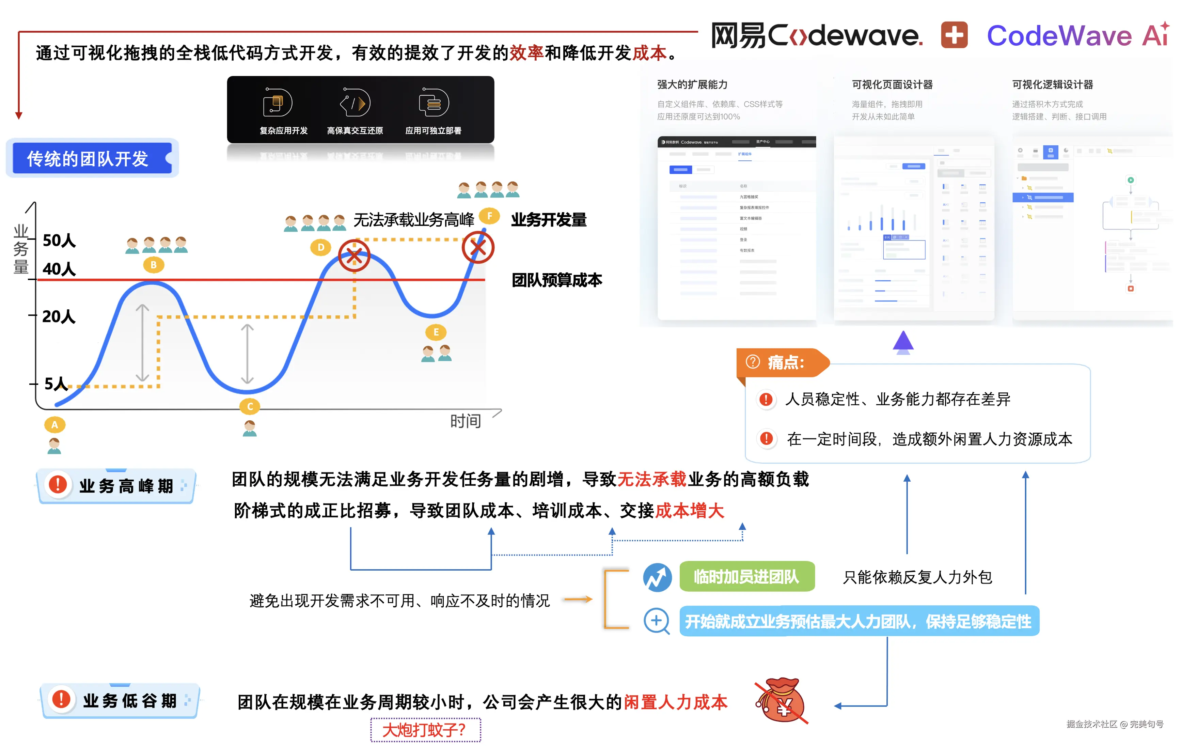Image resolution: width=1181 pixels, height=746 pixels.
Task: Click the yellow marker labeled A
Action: coord(54,425)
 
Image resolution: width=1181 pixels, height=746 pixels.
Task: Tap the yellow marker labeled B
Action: coord(154,265)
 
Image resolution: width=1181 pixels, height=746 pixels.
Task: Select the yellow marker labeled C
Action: coord(250,406)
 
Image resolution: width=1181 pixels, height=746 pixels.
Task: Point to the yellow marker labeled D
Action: coord(321,247)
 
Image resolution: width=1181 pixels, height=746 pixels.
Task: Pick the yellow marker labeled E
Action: coord(436,332)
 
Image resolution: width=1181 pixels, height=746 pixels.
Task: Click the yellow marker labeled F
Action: coord(489,216)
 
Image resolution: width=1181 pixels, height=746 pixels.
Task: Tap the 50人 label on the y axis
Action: coord(59,240)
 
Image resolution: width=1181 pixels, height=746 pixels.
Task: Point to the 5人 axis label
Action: coord(56,384)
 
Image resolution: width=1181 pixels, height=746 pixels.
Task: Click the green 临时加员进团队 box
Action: coord(746,577)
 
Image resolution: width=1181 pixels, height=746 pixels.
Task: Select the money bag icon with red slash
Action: coord(783,700)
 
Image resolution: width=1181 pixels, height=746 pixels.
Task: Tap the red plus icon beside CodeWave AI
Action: coord(954,35)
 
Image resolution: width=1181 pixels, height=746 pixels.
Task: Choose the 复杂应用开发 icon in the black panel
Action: coord(278,103)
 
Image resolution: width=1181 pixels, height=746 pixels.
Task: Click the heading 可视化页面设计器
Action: coord(892,84)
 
